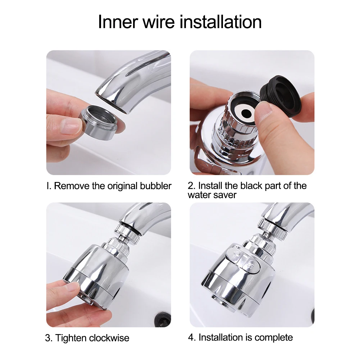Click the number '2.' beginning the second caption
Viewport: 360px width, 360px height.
(x=192, y=186)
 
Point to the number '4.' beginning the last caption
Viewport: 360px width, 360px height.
(x=192, y=337)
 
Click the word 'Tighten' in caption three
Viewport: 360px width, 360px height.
(x=70, y=338)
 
